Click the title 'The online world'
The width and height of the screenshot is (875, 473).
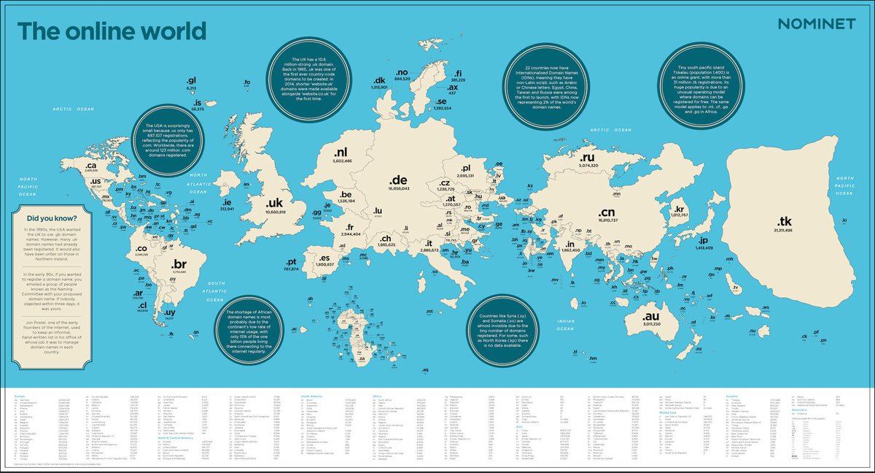click(x=112, y=31)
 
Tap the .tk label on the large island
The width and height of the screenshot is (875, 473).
click(x=785, y=221)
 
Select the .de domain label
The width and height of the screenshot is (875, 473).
click(x=398, y=180)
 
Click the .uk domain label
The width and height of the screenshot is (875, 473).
click(x=275, y=203)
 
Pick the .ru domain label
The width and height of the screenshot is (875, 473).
click(x=588, y=157)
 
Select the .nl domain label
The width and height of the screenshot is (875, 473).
click(x=342, y=153)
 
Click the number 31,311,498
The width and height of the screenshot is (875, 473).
click(x=785, y=231)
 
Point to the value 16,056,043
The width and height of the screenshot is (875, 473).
click(x=399, y=188)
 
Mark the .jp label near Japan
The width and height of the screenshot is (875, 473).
click(x=704, y=239)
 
